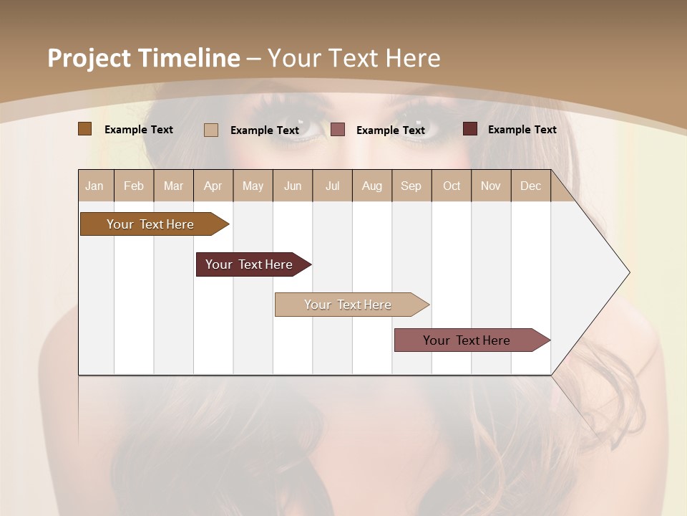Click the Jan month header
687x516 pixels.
coord(95,186)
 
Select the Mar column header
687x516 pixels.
coord(173,186)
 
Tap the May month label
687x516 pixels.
coord(253,186)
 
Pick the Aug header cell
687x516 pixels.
coord(372,186)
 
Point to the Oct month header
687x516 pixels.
coord(452,186)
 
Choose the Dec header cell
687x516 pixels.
coord(531,186)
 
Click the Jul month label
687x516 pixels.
coord(332,186)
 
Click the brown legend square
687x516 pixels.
coord(85,129)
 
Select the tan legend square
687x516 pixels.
coord(211,130)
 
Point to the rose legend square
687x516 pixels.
coord(338,130)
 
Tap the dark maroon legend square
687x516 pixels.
coord(470,129)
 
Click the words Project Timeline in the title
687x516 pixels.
coord(144,58)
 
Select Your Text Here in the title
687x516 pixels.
coord(354,58)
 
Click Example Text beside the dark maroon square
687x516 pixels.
coord(522,130)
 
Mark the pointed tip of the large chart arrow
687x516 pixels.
coord(628,272)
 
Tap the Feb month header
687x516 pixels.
coord(134,186)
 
